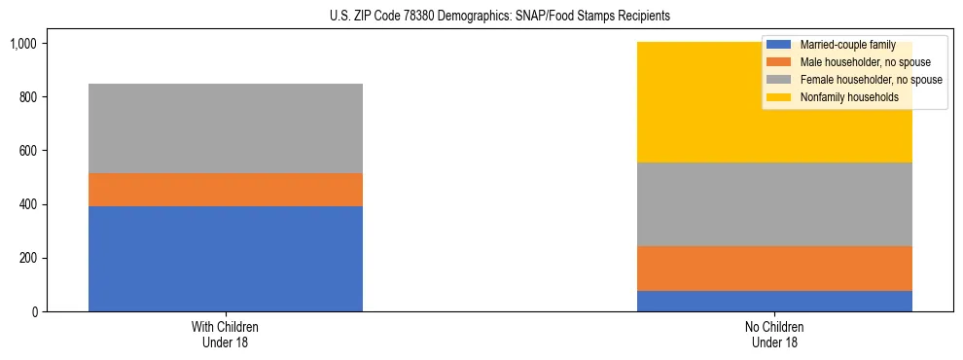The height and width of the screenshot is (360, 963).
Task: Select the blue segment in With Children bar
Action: click(x=226, y=259)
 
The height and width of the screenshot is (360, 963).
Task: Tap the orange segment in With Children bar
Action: click(x=226, y=190)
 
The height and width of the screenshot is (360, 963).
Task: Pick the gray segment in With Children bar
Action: click(x=226, y=128)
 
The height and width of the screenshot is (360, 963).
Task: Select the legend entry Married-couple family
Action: click(x=841, y=45)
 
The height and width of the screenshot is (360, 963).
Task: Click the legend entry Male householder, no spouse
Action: click(x=851, y=62)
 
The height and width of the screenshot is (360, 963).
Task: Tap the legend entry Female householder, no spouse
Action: click(x=856, y=80)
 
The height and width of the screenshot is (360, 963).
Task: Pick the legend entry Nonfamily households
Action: click(x=841, y=97)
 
